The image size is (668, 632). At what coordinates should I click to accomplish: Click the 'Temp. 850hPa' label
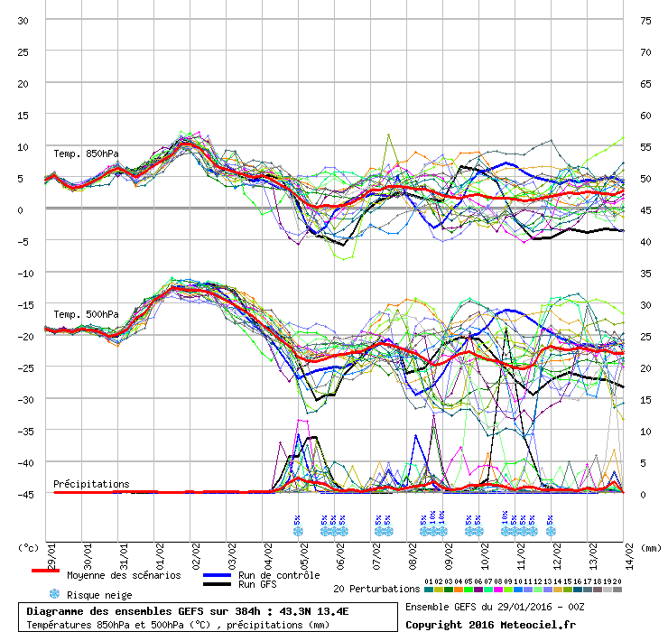86,153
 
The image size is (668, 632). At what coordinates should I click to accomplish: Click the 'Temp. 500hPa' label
86,314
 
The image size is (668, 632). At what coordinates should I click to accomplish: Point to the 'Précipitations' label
91,484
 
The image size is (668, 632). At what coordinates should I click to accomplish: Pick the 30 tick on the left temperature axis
23,20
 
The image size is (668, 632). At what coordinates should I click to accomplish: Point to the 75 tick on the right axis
645,20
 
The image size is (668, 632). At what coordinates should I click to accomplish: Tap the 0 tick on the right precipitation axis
643,494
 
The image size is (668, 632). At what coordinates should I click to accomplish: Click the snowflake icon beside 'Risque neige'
54,594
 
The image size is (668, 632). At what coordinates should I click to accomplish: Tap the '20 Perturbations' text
376,589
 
